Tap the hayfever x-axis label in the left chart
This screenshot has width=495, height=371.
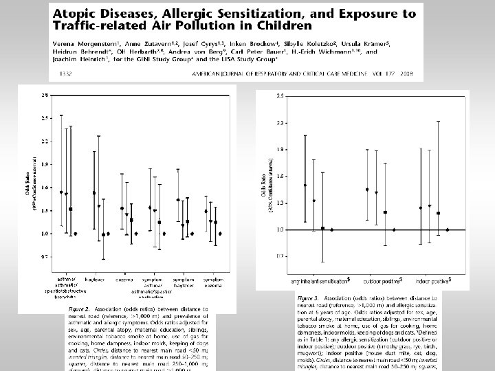tap(94, 280)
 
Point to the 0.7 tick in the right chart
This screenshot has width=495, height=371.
tap(280, 256)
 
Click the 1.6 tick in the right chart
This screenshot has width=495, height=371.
tap(280, 176)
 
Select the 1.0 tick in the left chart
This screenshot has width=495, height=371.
tap(45, 234)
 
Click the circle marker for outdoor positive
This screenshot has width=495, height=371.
tap(367, 189)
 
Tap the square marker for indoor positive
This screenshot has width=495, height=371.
tap(438, 213)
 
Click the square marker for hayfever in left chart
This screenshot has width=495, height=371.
tap(103, 235)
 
